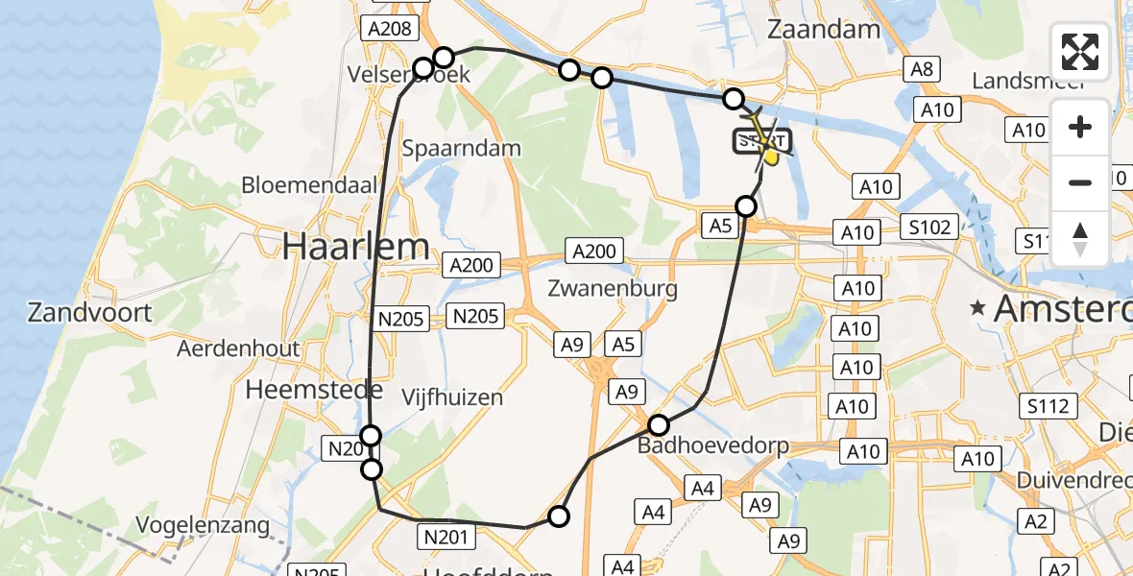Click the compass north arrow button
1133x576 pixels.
(1080, 240)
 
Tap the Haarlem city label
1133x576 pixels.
(355, 248)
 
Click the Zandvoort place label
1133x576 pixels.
(90, 312)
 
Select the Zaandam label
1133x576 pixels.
(824, 30)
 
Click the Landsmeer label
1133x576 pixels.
(1027, 81)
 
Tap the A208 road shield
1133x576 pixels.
(389, 29)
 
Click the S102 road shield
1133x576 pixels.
(930, 228)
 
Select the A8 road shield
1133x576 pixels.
(921, 68)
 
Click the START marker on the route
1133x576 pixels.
(763, 142)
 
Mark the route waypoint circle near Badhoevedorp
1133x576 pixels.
(659, 425)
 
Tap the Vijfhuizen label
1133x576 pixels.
(451, 396)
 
